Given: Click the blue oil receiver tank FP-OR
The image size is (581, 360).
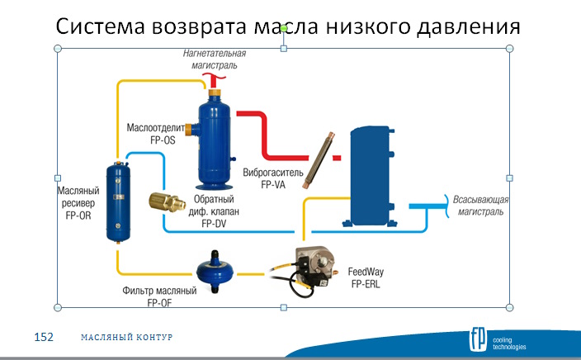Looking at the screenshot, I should pos(120,202).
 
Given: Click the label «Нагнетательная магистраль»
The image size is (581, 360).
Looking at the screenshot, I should pos(215,59).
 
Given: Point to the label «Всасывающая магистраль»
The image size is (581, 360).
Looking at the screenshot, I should pos(478,206).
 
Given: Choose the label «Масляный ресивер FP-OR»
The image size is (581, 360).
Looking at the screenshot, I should pos(80,202).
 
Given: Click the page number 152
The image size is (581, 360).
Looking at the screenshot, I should pos(43,338).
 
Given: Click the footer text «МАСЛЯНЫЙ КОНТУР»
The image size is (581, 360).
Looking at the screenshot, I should pos(127,338).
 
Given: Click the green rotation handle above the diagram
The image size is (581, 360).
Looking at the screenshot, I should pos(283,29).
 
